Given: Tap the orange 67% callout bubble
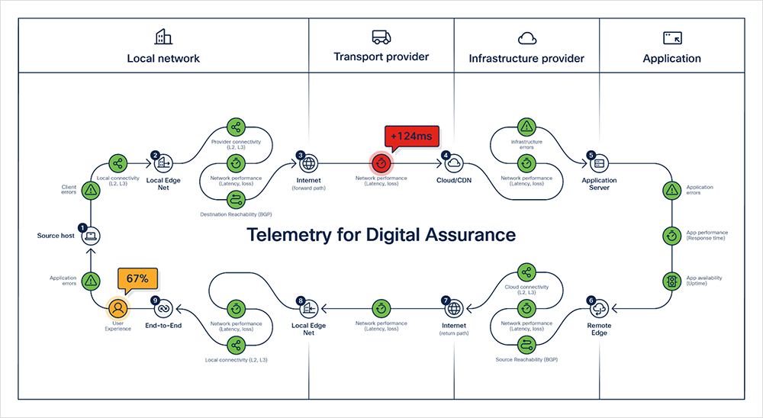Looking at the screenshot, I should [138, 278].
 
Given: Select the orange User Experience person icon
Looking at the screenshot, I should [118, 308].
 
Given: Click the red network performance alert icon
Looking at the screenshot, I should [381, 162].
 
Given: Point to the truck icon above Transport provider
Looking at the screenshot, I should [381, 37].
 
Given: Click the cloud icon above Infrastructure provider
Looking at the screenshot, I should [526, 38].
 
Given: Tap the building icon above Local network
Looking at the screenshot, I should [163, 37].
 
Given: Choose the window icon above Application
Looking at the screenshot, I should [671, 37].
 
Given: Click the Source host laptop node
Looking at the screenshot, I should [91, 236].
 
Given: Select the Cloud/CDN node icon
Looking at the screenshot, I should [453, 162].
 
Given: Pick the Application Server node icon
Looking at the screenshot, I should [599, 162].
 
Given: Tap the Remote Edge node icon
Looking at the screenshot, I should [599, 308].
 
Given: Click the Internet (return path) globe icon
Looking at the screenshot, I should [453, 308].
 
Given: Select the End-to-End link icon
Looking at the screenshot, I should [163, 308].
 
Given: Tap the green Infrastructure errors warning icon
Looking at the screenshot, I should [526, 127].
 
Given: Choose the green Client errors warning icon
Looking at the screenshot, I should [91, 189].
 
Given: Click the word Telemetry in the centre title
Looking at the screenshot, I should [295, 235].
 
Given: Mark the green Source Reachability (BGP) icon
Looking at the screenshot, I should [526, 344].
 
